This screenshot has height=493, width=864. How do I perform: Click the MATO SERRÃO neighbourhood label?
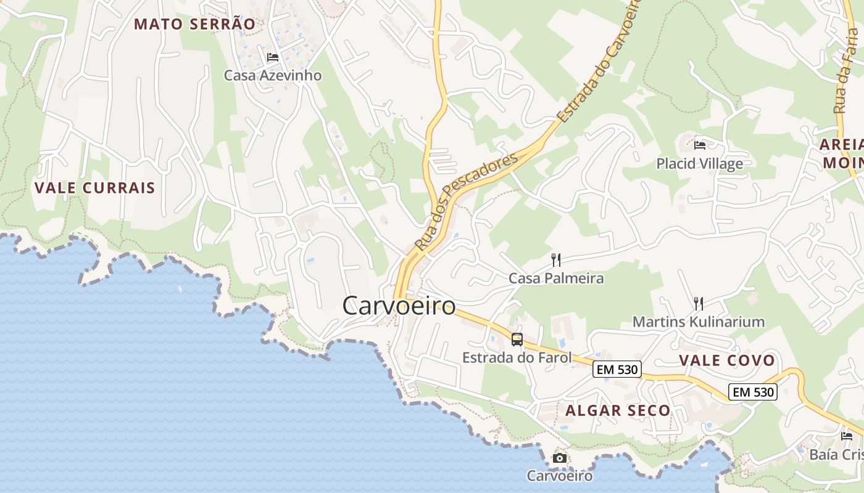(194, 24)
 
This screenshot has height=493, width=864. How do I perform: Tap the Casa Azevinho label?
(273, 75)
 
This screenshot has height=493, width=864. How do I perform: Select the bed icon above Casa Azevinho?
(273, 57)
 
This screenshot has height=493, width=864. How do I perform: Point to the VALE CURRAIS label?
(94, 188)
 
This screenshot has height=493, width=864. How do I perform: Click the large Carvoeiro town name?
(399, 306)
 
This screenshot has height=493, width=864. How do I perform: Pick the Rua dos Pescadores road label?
(467, 202)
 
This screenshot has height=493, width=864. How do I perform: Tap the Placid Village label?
(699, 163)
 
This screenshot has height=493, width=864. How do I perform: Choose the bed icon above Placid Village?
(700, 145)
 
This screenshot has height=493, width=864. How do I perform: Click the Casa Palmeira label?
(556, 278)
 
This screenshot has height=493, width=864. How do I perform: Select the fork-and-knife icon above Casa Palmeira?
(556, 260)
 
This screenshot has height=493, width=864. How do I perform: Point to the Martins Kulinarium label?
(699, 322)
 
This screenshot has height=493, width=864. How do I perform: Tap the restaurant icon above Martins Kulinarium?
(699, 303)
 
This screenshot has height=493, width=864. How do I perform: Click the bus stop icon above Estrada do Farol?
(517, 340)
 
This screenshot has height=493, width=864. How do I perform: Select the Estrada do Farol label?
(517, 357)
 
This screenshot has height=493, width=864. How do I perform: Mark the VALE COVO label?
(727, 361)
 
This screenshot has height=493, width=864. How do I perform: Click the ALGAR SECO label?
(618, 410)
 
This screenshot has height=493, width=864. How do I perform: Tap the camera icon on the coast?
(560, 458)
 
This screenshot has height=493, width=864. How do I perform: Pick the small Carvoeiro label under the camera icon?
(560, 476)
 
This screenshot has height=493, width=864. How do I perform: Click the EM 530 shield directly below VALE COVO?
(752, 391)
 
